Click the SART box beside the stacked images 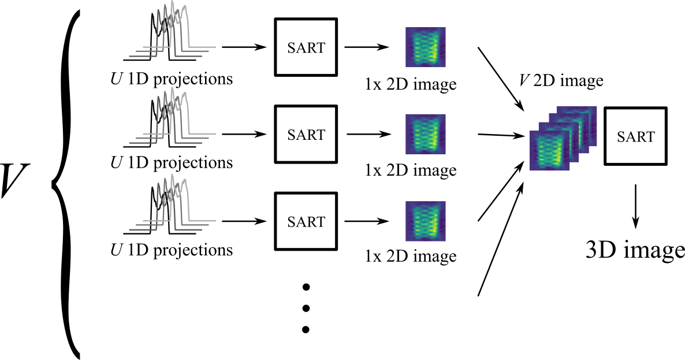tap(635, 136)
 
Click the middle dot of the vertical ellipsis tap(306, 308)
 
